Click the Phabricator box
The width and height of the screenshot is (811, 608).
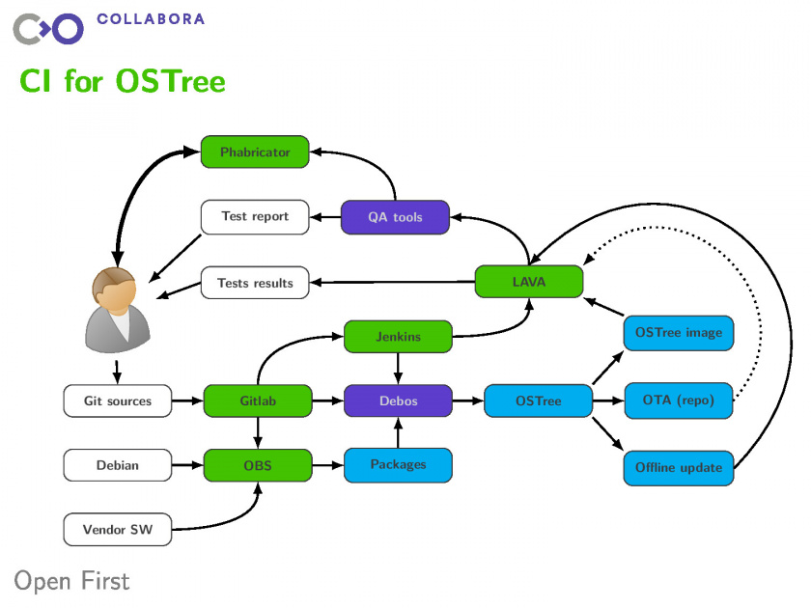pyautogui.click(x=255, y=152)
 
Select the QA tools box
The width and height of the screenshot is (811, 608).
pyautogui.click(x=395, y=217)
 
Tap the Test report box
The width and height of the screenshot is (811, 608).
pyautogui.click(x=255, y=216)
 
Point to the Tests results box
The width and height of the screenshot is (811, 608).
pyautogui.click(x=255, y=283)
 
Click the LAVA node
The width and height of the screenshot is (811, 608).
pyautogui.click(x=529, y=282)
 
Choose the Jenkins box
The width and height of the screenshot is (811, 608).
pyautogui.click(x=398, y=336)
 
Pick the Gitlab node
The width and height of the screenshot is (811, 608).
pyautogui.click(x=258, y=401)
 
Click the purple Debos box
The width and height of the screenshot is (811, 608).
pyautogui.click(x=398, y=401)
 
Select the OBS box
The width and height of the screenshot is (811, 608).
pyautogui.click(x=258, y=465)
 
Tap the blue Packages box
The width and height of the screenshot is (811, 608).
pyautogui.click(x=398, y=464)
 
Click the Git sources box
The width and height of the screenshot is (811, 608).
pyautogui.click(x=118, y=401)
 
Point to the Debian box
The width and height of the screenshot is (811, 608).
pyautogui.click(x=118, y=465)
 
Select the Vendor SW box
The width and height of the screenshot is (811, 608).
pyautogui.click(x=118, y=529)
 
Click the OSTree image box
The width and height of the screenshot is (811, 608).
pyautogui.click(x=679, y=332)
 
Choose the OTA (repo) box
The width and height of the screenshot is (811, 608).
pyautogui.click(x=679, y=401)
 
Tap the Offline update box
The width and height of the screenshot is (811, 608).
pyautogui.click(x=679, y=467)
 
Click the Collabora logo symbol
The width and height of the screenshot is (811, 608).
pyautogui.click(x=47, y=28)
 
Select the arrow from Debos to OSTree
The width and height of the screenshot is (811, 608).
pyautogui.click(x=468, y=401)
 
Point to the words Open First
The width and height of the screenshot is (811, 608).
pyautogui.click(x=71, y=580)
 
